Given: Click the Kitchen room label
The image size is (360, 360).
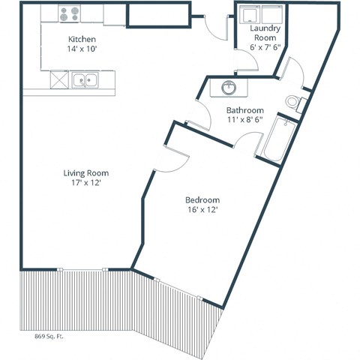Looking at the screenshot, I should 81,38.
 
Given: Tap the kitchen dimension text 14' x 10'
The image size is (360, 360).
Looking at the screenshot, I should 81,48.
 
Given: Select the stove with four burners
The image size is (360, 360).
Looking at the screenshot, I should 70,13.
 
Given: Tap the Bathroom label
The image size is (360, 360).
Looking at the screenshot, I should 244,110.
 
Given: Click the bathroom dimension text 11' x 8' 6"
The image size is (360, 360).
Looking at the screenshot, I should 244,120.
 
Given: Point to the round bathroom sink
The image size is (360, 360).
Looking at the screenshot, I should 228,88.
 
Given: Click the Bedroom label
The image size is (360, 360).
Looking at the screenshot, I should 202,200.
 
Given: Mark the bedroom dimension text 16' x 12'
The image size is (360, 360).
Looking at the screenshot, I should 202,211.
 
